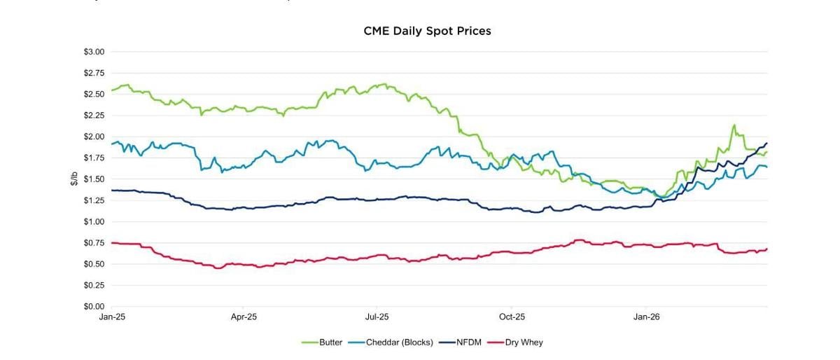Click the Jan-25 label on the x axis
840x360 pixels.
[x=111, y=317]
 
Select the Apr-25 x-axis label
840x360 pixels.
[x=244, y=317]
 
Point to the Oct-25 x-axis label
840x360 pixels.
[x=512, y=317]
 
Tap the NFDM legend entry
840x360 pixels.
[x=467, y=342]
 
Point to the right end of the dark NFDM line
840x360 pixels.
[x=767, y=143]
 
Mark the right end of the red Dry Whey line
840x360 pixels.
[x=767, y=249]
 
